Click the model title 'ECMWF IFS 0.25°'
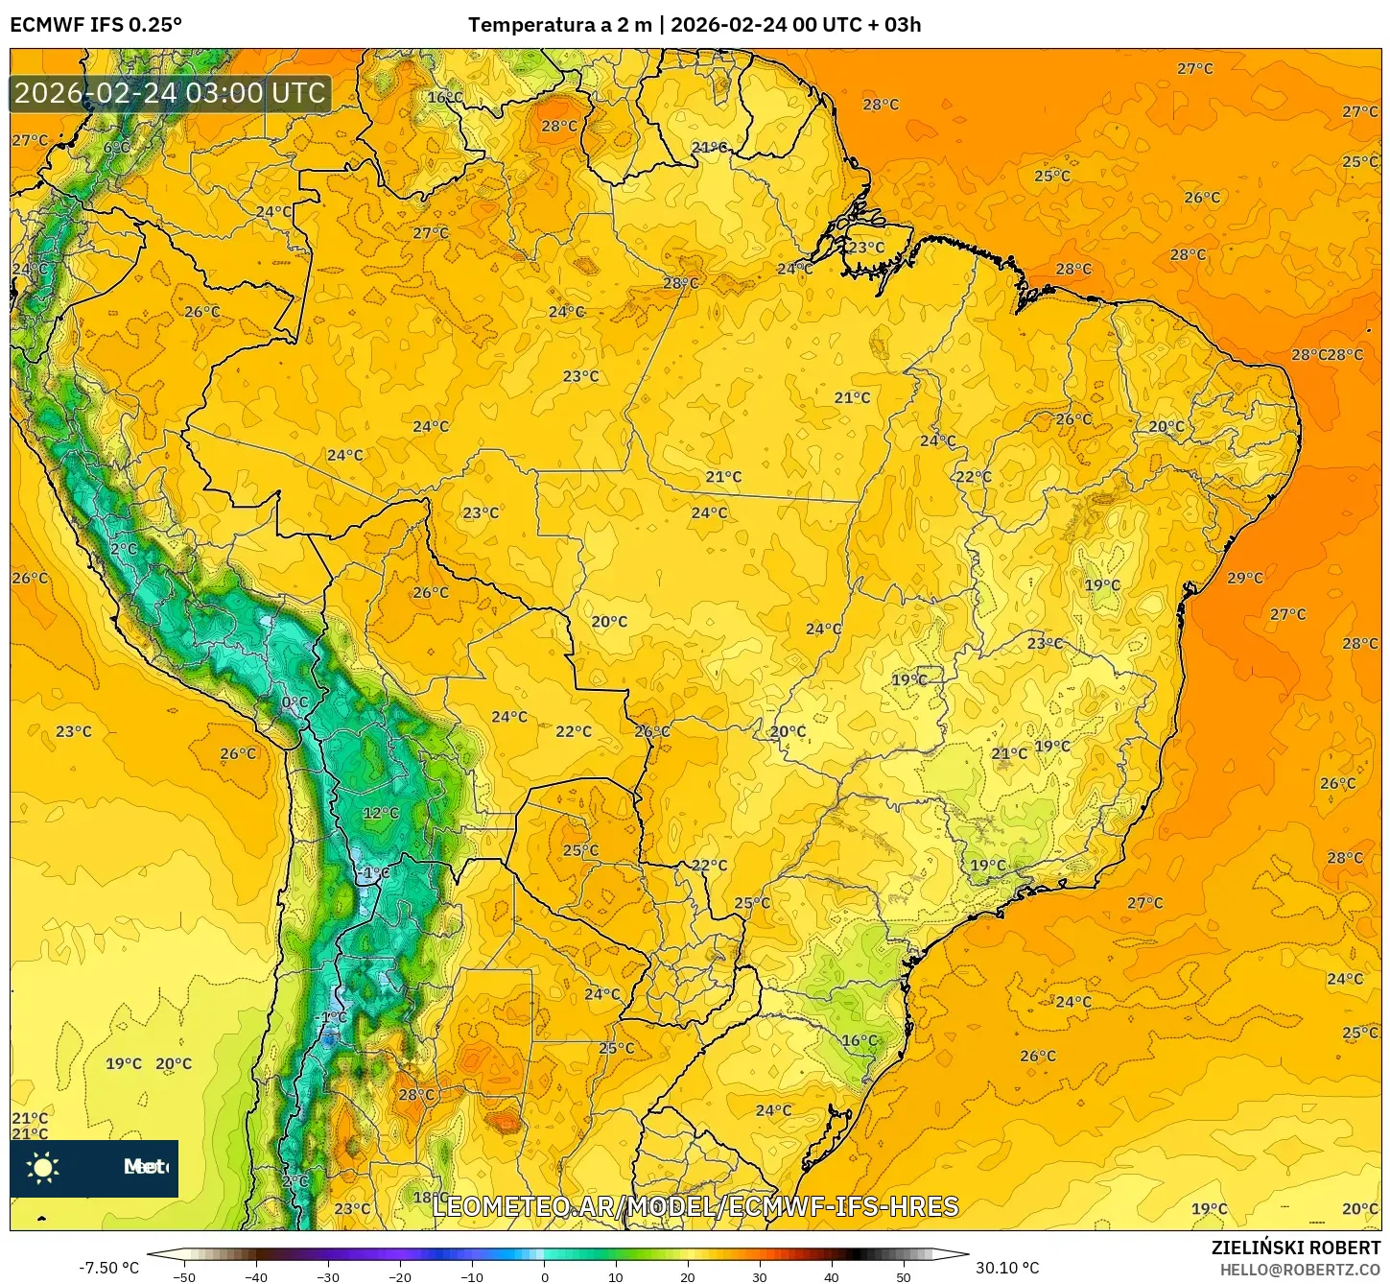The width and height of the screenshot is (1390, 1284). [x=96, y=25]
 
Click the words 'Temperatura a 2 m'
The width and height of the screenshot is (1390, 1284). [x=559, y=25]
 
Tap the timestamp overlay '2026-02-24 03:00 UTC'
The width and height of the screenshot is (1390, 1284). [x=170, y=93]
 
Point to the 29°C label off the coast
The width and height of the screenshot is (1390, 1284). [x=1245, y=578]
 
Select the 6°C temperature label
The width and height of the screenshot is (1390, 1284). [x=116, y=148]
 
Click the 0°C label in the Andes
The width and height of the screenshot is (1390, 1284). [x=294, y=702]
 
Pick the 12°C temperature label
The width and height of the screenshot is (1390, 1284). [x=381, y=813]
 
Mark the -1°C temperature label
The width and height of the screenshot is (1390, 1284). [x=333, y=1017]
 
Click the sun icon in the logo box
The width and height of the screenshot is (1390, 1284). [x=43, y=1167]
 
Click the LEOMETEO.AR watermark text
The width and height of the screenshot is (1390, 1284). [x=695, y=1206]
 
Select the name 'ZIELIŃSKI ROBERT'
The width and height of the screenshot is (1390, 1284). [x=1295, y=1248]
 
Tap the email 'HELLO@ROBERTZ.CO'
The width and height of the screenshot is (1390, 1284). [x=1300, y=1270]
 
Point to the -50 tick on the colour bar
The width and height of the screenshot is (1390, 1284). [x=184, y=1276]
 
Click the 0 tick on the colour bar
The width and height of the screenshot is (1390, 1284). [x=544, y=1276]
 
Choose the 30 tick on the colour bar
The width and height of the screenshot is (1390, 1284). [x=760, y=1276]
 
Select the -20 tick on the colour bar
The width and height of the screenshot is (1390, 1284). [x=400, y=1276]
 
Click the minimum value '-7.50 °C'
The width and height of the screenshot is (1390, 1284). [x=108, y=1268]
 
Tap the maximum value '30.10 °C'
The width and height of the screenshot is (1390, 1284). [x=1007, y=1268]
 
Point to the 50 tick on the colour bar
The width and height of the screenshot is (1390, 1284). [x=904, y=1276]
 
